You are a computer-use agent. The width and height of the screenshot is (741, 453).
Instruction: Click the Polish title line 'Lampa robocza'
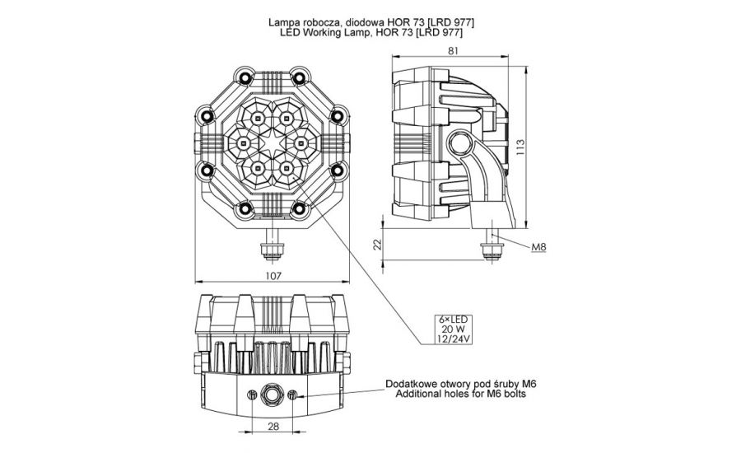370,21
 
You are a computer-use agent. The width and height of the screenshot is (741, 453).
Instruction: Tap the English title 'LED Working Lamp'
370,33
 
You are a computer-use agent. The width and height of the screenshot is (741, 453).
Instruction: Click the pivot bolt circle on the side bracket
457,145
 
